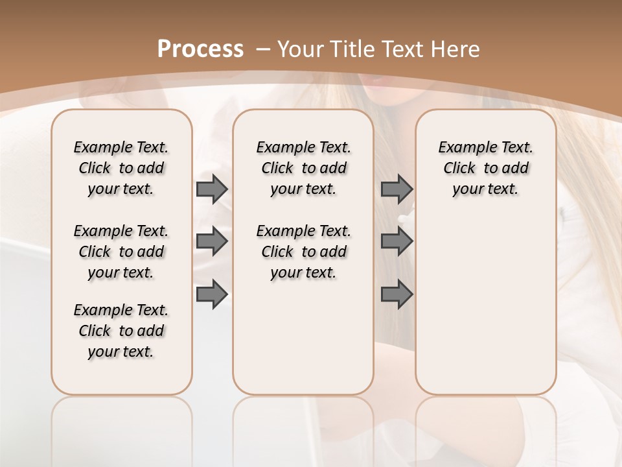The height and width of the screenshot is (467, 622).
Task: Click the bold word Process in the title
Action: (x=200, y=49)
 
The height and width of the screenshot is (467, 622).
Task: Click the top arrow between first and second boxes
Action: (x=212, y=189)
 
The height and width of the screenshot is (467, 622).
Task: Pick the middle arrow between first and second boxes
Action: (x=212, y=241)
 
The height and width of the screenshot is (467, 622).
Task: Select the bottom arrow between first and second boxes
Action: (x=212, y=294)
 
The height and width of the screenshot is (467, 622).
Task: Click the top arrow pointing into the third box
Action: (x=397, y=189)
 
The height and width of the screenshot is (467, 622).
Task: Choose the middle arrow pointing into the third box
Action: (x=397, y=241)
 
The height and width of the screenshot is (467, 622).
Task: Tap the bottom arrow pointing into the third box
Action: (x=397, y=294)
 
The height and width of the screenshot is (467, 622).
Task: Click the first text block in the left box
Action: (x=121, y=168)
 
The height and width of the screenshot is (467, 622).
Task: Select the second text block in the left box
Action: (x=121, y=252)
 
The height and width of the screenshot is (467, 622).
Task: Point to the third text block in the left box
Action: (x=121, y=331)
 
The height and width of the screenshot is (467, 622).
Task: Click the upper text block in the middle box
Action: (x=303, y=168)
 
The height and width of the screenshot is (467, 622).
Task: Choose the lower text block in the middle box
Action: (x=303, y=252)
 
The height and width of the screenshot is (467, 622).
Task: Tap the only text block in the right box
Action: (x=485, y=168)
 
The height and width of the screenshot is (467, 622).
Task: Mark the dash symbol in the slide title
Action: (x=263, y=49)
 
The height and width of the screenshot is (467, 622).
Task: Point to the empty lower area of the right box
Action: (x=485, y=305)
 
